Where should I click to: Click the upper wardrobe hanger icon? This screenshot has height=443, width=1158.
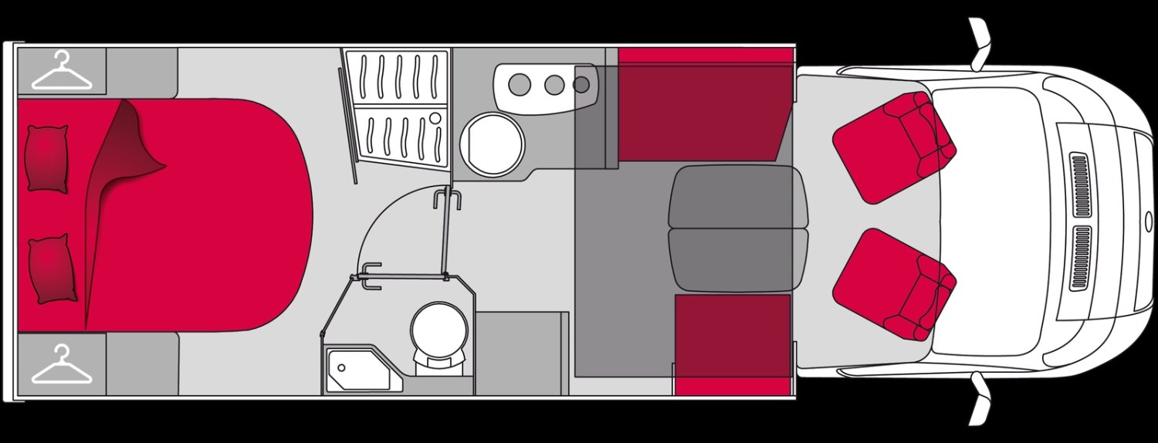62,71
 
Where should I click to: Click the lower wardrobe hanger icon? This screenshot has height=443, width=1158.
62,366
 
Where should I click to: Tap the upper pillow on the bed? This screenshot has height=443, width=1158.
47,158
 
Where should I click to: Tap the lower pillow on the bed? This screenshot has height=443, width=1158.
52,268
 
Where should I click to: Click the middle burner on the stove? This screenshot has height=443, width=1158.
554,83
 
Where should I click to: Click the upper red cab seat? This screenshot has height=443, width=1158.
894,146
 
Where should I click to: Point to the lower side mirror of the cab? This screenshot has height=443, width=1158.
980,398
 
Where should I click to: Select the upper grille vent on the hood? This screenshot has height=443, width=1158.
1079,185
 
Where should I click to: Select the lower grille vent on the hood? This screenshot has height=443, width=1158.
1080,258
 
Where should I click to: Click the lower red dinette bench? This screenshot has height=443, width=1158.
732,343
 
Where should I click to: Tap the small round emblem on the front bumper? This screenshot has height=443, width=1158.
1145,221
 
